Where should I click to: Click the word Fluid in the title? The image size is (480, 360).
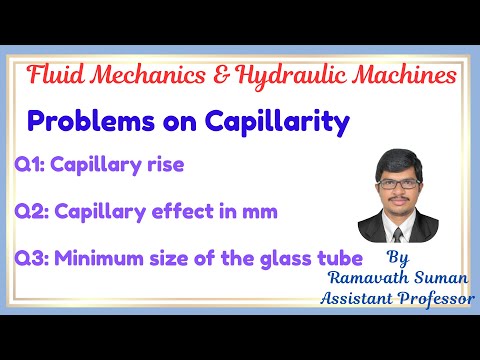pos(53,75)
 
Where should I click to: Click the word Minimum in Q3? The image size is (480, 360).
pos(92,258)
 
